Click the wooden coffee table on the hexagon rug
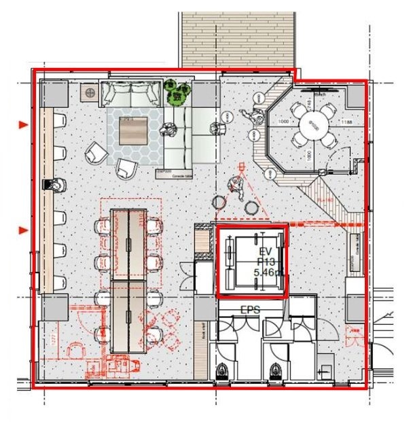click(x=133, y=130)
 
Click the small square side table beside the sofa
click(x=90, y=91)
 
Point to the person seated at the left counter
click(x=55, y=184)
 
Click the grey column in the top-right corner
click(x=355, y=94)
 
